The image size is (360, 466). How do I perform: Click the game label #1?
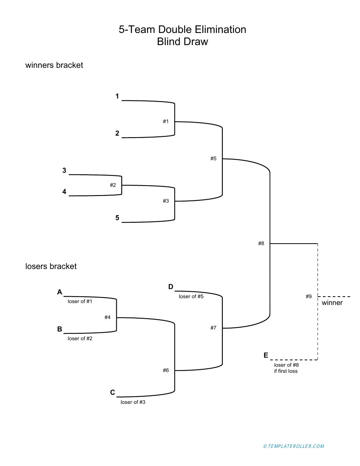[166, 122]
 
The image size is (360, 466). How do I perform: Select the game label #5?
[213, 159]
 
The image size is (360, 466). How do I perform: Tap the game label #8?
[261, 244]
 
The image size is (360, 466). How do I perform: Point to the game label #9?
[309, 297]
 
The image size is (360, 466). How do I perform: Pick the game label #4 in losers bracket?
[108, 317]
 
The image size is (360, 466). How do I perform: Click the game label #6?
[166, 371]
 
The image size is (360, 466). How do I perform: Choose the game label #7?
[213, 328]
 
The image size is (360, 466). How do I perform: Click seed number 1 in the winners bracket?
[117, 97]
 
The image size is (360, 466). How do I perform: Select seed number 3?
[64, 171]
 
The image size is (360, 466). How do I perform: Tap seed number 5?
[117, 218]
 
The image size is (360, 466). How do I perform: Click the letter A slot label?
[59, 292]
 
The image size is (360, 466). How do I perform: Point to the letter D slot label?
[171, 287]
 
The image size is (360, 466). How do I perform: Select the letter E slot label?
[266, 355]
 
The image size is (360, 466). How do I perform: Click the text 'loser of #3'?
[133, 402]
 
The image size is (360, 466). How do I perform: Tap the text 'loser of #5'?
[191, 297]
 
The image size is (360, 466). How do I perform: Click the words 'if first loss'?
[286, 371]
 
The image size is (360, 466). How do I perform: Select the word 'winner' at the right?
[332, 303]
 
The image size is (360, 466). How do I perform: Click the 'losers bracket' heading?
[51, 266]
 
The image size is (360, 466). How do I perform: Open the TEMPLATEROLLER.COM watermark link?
[294, 446]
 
